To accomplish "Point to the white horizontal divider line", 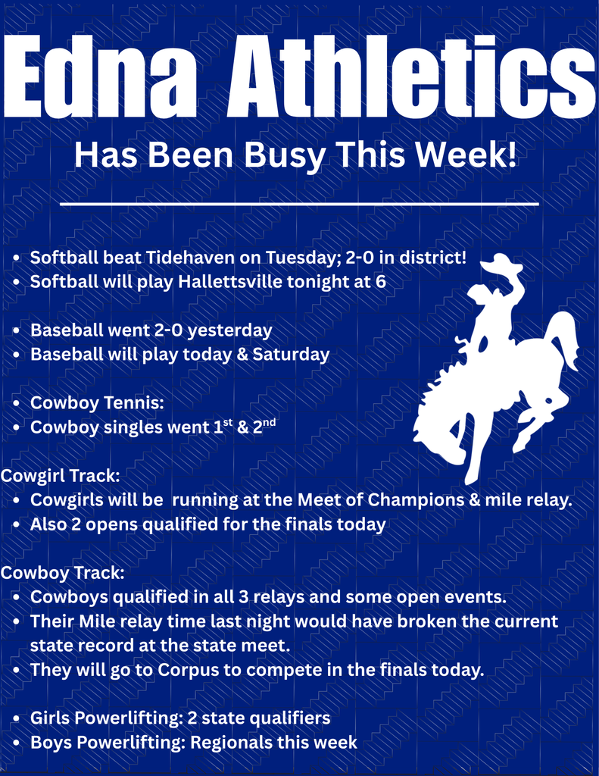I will [x=299, y=204].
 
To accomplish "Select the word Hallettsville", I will [x=231, y=282].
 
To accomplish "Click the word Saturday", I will [x=295, y=354].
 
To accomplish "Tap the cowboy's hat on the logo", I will [x=501, y=262].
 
